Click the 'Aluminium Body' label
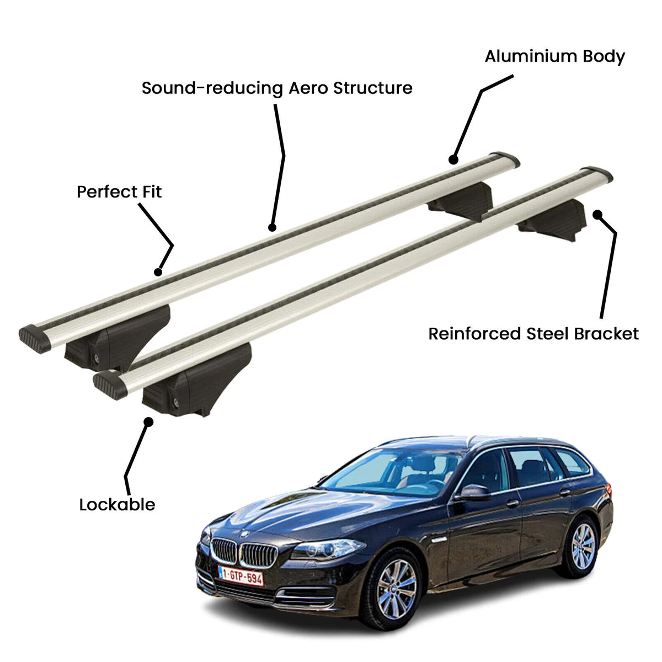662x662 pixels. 554,57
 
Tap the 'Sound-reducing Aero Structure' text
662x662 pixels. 277,88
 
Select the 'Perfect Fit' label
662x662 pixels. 119,192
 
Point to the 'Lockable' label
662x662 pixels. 117,504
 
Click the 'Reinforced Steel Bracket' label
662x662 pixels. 533,334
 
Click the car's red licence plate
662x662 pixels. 241,576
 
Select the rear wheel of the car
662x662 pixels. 583,546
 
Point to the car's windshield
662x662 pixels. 389,472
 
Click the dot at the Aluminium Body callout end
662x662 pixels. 453,160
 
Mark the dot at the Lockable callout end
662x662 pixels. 148,421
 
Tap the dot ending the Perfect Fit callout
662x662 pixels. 158,271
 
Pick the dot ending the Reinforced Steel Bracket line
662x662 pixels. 597,214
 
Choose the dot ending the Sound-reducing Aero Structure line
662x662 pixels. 271,227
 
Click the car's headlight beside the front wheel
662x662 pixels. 328,549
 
